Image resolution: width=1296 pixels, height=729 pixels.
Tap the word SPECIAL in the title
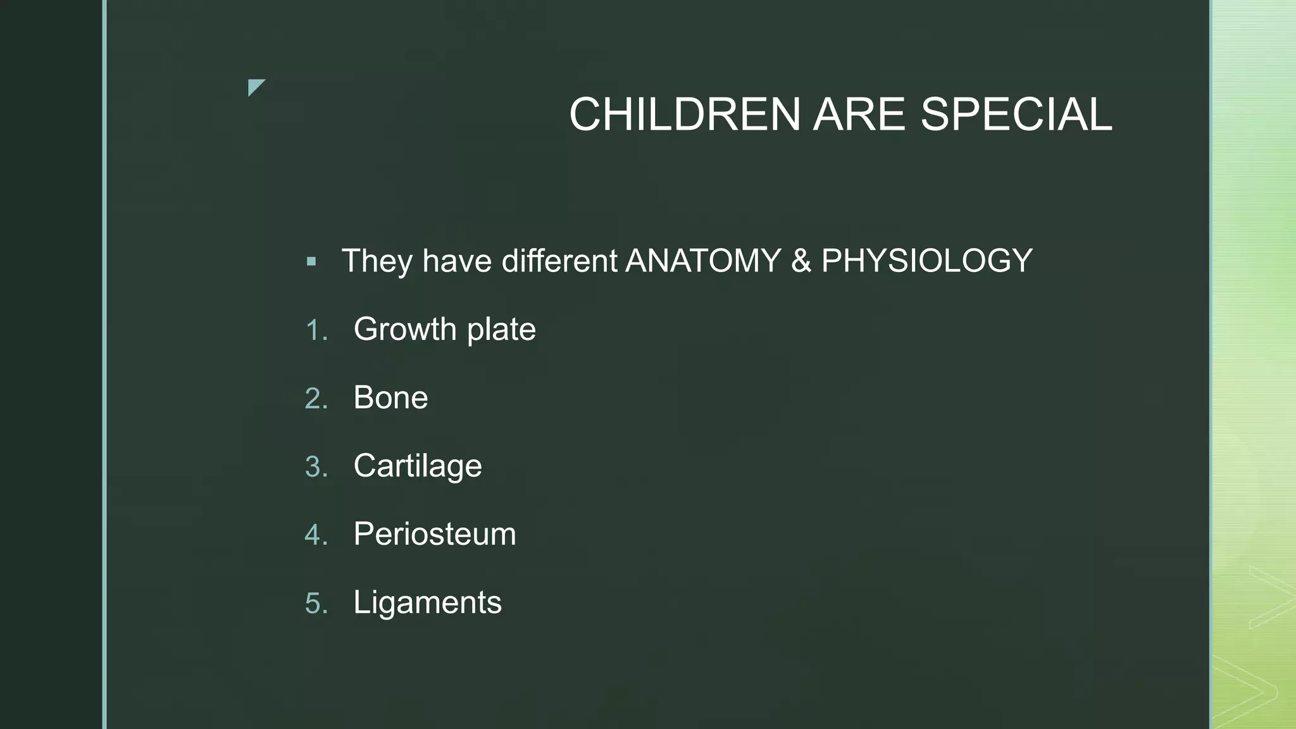point(1016,115)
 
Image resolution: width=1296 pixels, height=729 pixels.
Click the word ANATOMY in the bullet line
point(703,261)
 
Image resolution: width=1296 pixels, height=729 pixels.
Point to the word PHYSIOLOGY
point(926,261)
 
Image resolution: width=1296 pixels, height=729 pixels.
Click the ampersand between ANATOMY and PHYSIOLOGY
point(801,261)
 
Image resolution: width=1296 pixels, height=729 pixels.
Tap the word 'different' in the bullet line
point(559,261)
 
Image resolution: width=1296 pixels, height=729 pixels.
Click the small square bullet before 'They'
point(311,261)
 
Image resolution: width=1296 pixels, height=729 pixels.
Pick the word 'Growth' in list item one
point(404,329)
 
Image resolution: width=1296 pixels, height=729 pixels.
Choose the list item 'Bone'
point(390,397)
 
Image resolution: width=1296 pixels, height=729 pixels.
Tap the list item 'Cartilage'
point(418,466)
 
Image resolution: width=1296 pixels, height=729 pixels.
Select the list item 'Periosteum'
point(435,534)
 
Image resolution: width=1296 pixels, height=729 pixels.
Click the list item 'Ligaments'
point(427,602)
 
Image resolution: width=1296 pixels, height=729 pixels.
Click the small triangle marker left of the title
point(256,87)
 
